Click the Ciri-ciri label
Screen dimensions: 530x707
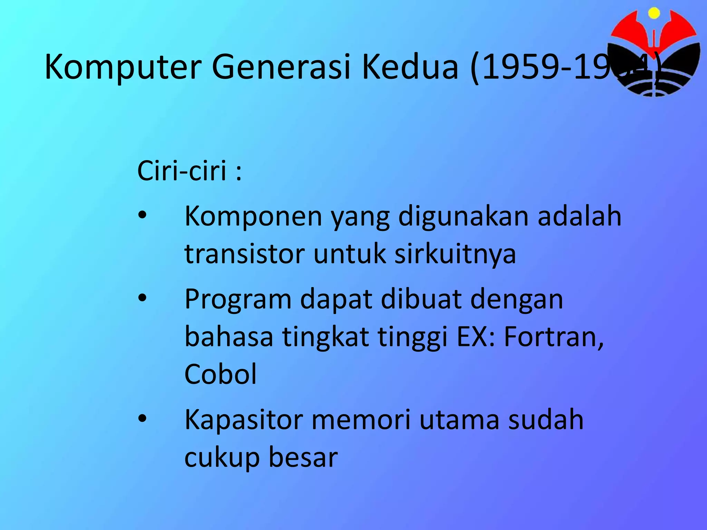189,170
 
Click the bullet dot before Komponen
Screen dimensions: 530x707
142,216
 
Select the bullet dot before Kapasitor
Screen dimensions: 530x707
142,419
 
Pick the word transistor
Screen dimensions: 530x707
245,254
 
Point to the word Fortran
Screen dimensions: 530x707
554,337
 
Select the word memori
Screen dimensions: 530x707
361,420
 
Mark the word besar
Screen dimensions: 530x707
303,458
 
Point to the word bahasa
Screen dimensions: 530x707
229,337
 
